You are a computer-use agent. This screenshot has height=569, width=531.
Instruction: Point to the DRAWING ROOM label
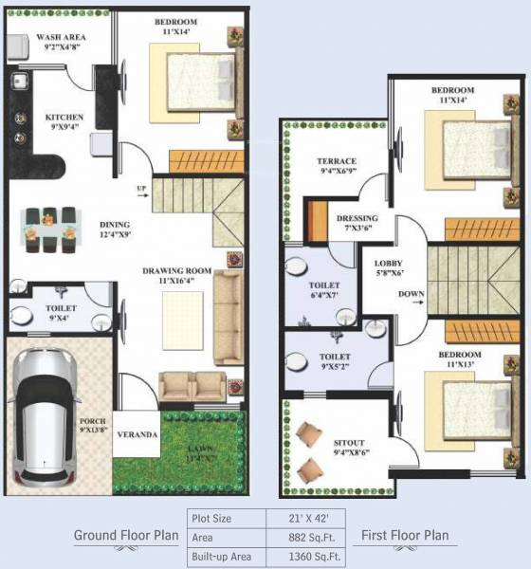[174, 270]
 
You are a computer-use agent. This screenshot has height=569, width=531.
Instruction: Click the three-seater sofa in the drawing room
[226, 318]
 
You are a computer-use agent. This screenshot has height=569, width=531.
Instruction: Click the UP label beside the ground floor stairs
[142, 187]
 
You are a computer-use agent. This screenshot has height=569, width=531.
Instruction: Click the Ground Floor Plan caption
[127, 536]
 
